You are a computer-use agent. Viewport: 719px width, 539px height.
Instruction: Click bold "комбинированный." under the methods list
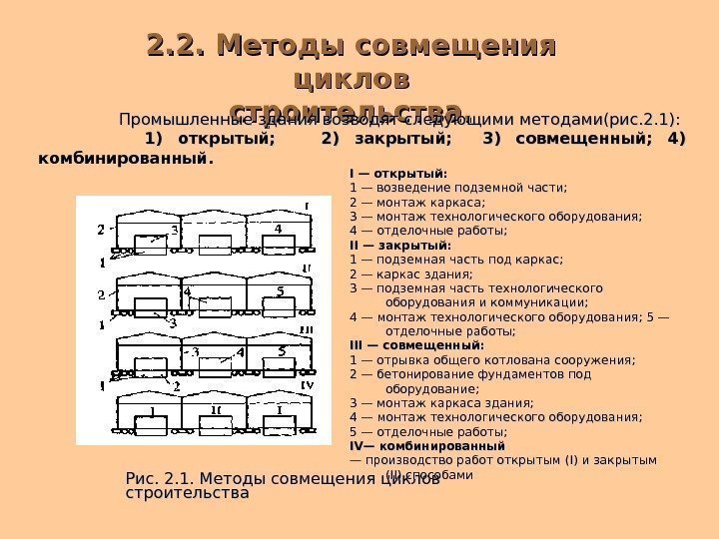coord(125,158)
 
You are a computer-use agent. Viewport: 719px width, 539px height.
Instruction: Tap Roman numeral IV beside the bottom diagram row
coord(308,385)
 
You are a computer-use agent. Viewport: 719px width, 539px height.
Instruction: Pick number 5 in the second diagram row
coord(281,291)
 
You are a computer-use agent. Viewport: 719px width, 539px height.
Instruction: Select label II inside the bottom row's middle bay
coord(216,410)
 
